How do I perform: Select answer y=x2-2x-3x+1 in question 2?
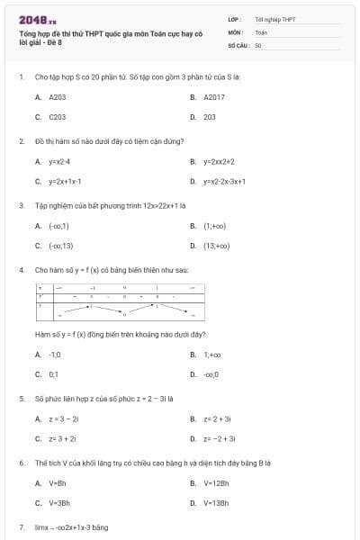(x=224, y=181)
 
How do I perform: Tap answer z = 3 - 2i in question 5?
(x=64, y=418)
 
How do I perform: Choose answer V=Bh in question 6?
(x=58, y=483)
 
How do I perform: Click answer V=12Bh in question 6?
(x=216, y=483)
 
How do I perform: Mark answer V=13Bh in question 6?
(x=216, y=503)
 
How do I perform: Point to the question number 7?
(x=21, y=526)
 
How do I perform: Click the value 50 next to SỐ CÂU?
(x=258, y=44)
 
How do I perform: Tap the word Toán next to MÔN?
(x=261, y=31)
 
